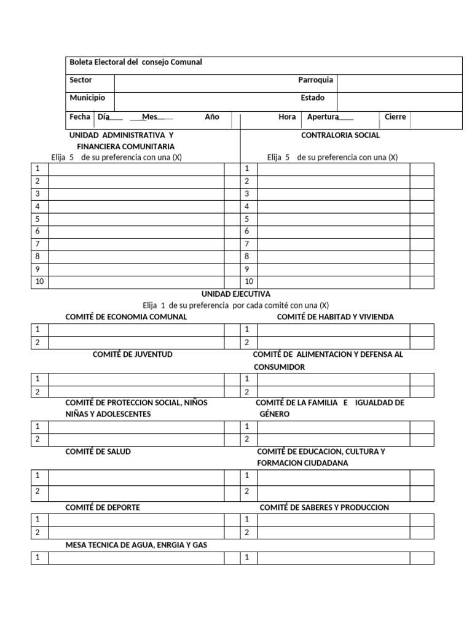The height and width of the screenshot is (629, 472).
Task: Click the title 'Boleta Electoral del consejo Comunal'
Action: pyautogui.click(x=135, y=63)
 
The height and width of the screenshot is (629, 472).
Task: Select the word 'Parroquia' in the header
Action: pyautogui.click(x=315, y=80)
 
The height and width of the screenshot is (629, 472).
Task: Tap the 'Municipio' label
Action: pyautogui.click(x=87, y=98)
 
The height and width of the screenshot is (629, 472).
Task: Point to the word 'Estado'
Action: pyautogui.click(x=312, y=98)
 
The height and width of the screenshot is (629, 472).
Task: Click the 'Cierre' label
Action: pyautogui.click(x=395, y=117)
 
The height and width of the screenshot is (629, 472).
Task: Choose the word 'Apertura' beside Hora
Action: pyautogui.click(x=323, y=117)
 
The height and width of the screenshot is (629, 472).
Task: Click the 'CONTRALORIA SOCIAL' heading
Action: pyautogui.click(x=340, y=135)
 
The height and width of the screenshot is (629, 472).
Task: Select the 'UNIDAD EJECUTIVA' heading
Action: pyautogui.click(x=235, y=294)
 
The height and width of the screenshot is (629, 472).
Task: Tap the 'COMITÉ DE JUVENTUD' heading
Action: pyautogui.click(x=132, y=355)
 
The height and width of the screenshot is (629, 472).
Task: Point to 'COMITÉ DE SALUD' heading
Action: pyautogui.click(x=98, y=451)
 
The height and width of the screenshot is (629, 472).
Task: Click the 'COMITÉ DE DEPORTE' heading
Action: pyautogui.click(x=103, y=507)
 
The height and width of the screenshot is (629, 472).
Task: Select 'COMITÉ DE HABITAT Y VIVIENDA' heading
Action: pyautogui.click(x=336, y=317)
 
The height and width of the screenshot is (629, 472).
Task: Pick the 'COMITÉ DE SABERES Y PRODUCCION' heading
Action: pyautogui.click(x=324, y=507)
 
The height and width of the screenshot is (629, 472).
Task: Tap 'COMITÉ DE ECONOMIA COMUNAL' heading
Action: pyautogui.click(x=126, y=317)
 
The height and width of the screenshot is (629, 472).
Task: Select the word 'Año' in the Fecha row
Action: pyautogui.click(x=212, y=117)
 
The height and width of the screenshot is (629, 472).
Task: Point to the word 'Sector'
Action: pyautogui.click(x=81, y=80)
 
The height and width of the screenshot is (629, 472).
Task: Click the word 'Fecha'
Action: pyautogui.click(x=80, y=117)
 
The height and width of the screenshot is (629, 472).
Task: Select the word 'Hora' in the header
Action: pyautogui.click(x=287, y=117)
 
